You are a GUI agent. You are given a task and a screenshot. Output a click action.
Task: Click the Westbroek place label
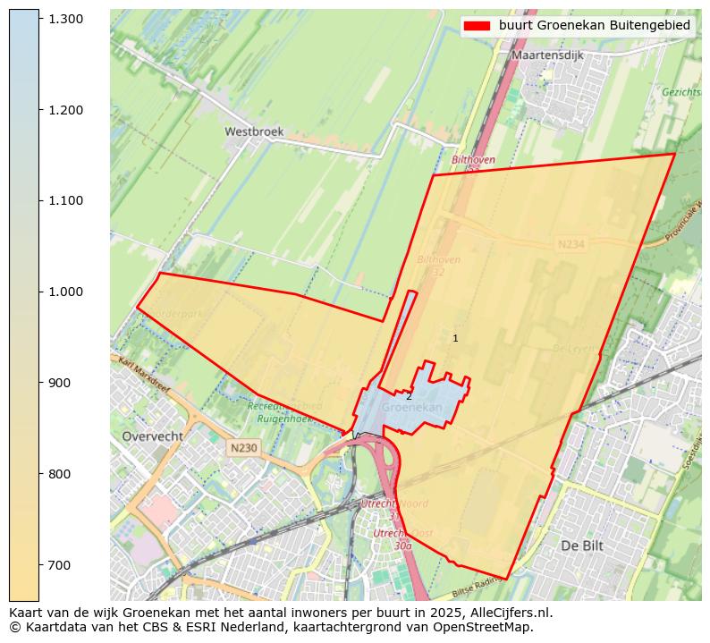point(254,131)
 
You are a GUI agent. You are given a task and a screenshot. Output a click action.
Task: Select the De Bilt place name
point(583,545)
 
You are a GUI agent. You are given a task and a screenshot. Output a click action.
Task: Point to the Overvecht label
point(152,436)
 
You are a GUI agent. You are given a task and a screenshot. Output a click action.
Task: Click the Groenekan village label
point(412,407)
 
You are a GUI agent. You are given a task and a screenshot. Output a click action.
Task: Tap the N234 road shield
point(570,244)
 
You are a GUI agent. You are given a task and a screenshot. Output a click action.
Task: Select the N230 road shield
point(243,448)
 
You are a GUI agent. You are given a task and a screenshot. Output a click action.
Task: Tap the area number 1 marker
point(455,338)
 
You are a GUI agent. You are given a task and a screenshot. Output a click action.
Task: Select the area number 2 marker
point(409,396)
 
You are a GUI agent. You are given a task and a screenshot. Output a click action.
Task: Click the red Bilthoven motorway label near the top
point(473,160)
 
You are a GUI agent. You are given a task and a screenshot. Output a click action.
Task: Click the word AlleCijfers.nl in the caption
point(508,613)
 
